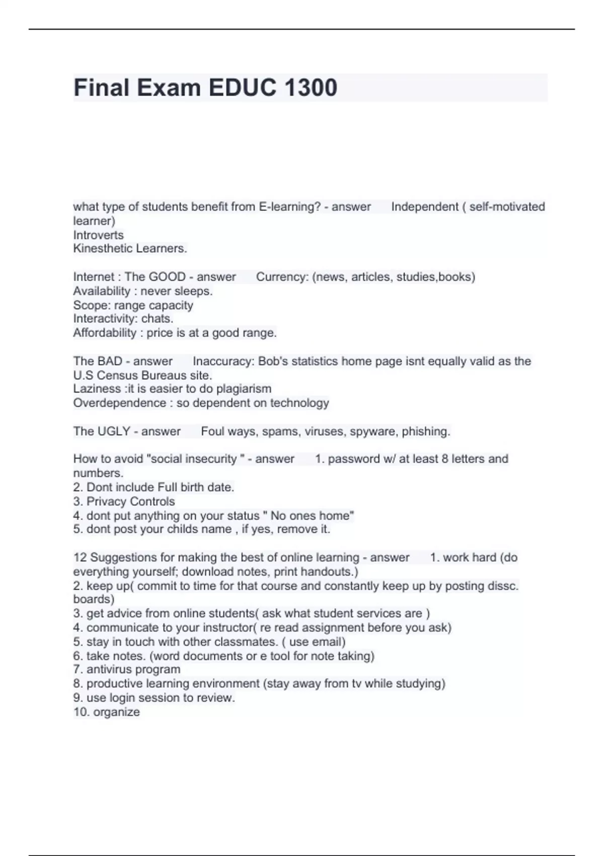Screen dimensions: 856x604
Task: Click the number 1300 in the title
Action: (311, 88)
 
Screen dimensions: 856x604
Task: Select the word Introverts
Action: (98, 235)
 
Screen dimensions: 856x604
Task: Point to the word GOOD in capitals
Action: (167, 277)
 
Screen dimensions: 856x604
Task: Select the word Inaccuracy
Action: (223, 361)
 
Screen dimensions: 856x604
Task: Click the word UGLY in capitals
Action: (115, 432)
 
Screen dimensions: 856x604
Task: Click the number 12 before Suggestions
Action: (80, 557)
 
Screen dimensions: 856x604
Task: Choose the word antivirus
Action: (108, 670)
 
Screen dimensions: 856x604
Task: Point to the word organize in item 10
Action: (116, 712)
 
